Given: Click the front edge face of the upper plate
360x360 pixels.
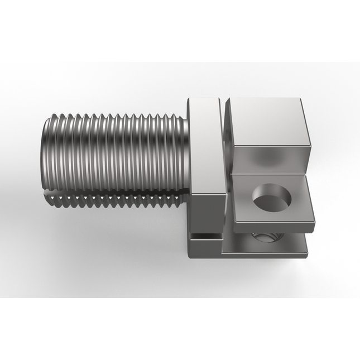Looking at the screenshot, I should click(271, 227).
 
